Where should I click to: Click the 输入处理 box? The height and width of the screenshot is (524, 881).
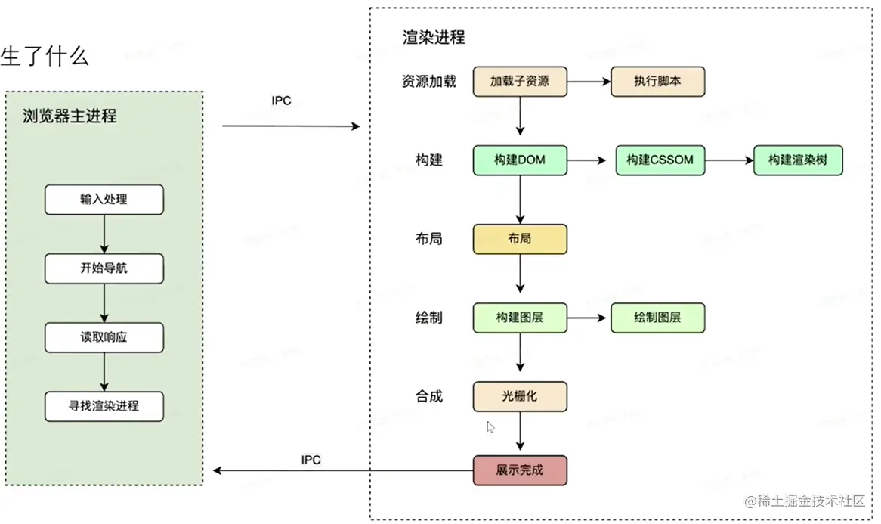[104, 200]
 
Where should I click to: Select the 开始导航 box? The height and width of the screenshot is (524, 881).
[104, 268]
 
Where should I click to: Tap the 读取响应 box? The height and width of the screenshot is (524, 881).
[104, 337]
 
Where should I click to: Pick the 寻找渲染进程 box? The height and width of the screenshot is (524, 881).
[104, 406]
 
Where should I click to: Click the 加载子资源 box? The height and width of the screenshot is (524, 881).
[520, 82]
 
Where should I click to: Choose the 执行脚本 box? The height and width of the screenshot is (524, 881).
[657, 82]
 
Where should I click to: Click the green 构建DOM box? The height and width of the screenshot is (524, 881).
[520, 160]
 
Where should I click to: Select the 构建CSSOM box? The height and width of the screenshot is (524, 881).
[660, 160]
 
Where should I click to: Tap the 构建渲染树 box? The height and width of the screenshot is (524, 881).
[797, 160]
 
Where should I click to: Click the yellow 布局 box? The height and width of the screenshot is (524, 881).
[520, 239]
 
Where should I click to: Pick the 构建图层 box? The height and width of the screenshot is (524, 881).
[520, 318]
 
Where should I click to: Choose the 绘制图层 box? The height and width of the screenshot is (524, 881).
[657, 318]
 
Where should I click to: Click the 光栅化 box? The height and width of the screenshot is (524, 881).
[520, 396]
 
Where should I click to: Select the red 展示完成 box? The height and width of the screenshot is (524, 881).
[520, 470]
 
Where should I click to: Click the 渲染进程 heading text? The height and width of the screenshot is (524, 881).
[434, 37]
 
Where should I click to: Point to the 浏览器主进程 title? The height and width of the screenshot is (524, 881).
[70, 116]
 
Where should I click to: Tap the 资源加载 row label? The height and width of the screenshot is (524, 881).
[429, 82]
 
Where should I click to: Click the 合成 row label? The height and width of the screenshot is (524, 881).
[429, 396]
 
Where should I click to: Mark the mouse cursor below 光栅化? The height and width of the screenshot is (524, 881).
[490, 427]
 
